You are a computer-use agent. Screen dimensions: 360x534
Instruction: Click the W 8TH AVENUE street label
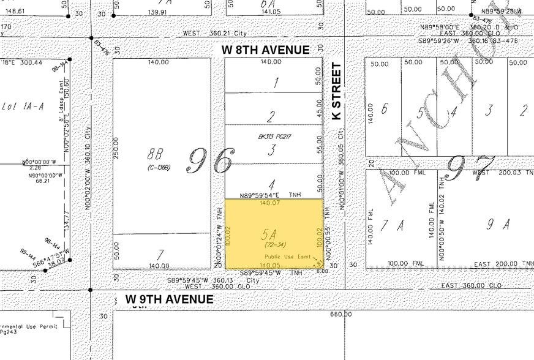(x=267, y=50)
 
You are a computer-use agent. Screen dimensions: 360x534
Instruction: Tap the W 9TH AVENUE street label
(x=170, y=299)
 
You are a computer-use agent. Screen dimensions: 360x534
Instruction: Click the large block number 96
(x=209, y=161)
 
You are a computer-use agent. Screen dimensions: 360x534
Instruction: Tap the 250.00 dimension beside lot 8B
(x=116, y=146)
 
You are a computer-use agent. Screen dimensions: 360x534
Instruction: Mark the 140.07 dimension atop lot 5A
(x=269, y=203)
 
